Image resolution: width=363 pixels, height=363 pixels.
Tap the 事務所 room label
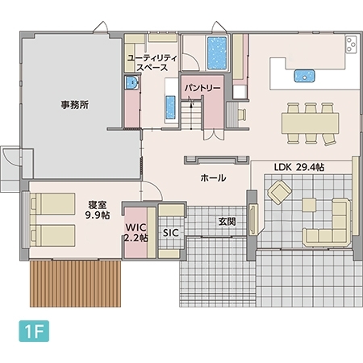coord(73,105)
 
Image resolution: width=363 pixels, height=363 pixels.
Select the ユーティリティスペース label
coord(152,63)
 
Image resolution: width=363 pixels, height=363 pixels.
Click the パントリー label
coord(202,86)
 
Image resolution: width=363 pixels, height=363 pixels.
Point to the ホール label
coord(212,177)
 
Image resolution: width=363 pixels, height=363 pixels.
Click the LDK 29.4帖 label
coord(298,167)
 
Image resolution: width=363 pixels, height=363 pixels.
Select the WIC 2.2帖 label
coord(136,233)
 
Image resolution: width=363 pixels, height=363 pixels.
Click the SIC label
coord(170,232)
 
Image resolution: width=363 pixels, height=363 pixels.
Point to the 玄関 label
coord(226,220)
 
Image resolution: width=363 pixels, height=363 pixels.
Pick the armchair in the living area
coord(280,192)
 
